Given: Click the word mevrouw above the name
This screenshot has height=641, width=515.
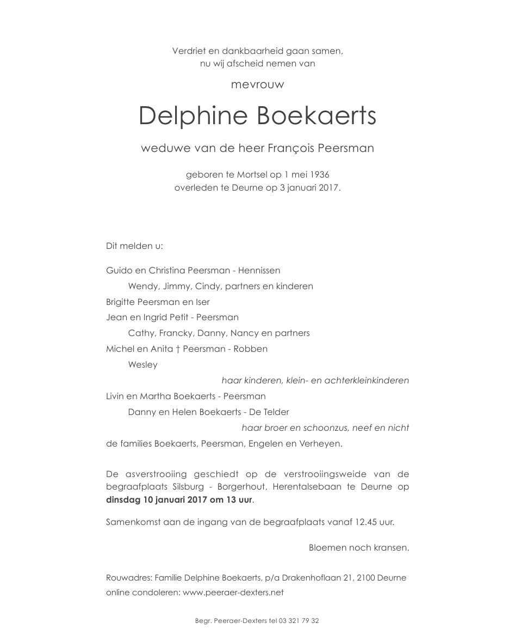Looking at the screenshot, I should coord(257,85).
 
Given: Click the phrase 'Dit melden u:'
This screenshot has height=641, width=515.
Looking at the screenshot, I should coord(134,246).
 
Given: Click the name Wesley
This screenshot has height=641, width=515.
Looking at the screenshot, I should coord(142,365).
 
